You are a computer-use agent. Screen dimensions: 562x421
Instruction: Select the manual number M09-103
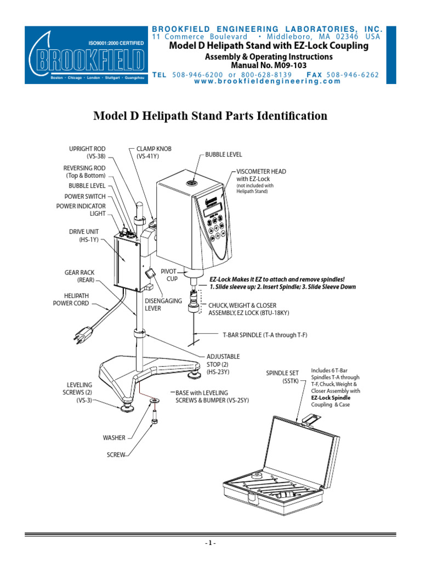(x=268, y=65)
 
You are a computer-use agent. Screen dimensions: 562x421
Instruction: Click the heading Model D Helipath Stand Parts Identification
(x=210, y=116)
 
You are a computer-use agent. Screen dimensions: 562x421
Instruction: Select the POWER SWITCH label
(x=85, y=196)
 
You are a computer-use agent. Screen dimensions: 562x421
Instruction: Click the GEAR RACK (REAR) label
(x=79, y=276)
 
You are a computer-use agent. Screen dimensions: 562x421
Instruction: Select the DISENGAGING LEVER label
(x=163, y=305)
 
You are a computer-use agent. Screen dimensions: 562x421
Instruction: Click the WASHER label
(x=114, y=438)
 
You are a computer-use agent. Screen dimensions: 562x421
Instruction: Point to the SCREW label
(x=116, y=455)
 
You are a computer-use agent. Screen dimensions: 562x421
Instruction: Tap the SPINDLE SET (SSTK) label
(x=282, y=376)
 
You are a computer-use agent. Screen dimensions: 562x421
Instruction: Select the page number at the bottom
(x=210, y=543)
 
